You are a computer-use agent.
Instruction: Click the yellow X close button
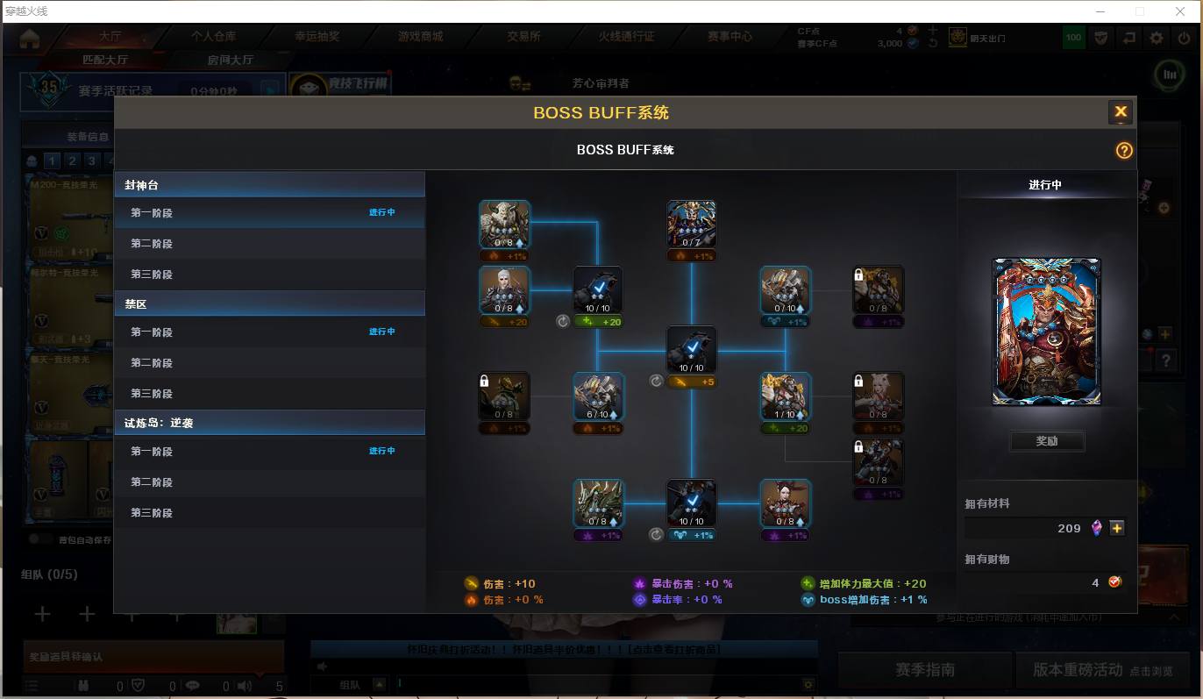pos(1120,112)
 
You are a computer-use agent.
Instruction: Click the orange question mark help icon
pos(1124,151)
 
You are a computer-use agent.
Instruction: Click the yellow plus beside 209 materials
pos(1116,528)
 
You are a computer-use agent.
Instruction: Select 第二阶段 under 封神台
pos(152,244)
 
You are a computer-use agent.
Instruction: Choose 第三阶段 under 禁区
pos(152,394)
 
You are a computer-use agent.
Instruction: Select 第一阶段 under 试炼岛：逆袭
pos(152,452)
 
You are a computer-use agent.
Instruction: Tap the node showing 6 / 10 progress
pos(598,397)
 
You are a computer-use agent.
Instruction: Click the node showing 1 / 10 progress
pos(785,397)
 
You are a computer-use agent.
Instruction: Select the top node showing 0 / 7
pos(691,225)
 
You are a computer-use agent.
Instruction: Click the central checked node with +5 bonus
pos(691,350)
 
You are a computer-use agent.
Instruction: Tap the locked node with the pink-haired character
pos(878,397)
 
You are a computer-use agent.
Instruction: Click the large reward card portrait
pos(1046,332)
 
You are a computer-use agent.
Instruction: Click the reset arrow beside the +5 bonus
pos(656,382)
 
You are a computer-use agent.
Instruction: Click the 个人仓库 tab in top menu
pos(213,37)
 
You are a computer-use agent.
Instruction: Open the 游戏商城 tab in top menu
pos(421,37)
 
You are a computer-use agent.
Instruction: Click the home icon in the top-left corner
pos(30,39)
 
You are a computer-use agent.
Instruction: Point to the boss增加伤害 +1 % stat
pos(865,600)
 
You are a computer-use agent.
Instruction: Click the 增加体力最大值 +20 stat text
pos(865,584)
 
